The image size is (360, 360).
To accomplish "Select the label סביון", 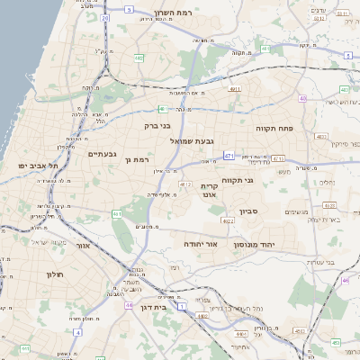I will click(248, 212).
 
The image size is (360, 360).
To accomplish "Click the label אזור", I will click(82, 245).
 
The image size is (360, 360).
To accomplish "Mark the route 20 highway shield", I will click(105, 17).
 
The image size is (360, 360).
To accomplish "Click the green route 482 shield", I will click(139, 58).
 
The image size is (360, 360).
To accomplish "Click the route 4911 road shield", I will click(235, 89).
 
